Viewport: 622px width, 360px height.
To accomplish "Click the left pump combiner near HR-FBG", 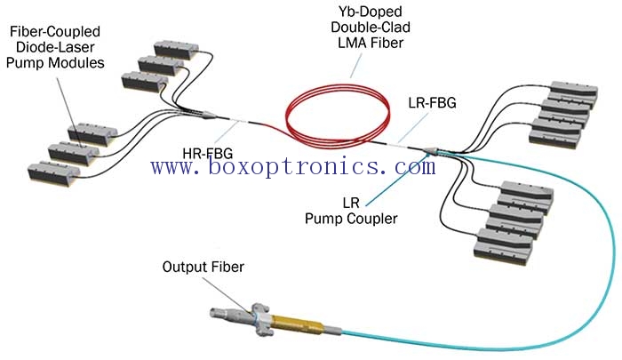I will (x=203, y=115).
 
